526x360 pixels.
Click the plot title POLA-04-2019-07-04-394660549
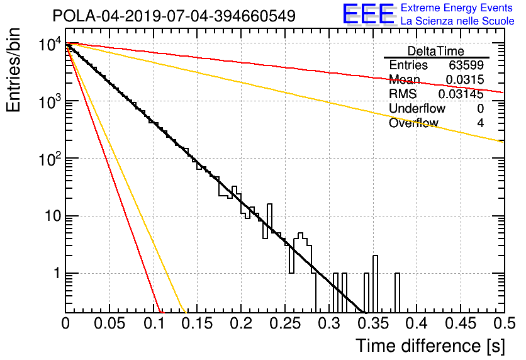[174, 16]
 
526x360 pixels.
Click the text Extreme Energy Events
[457, 8]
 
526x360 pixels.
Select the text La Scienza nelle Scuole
[457, 21]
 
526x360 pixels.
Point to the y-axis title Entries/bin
[13, 70]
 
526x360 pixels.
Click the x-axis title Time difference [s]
[430, 346]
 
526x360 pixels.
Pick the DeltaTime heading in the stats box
[436, 51]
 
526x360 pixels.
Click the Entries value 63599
[466, 65]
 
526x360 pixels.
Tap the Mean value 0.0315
[465, 79]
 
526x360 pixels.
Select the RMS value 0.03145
[461, 94]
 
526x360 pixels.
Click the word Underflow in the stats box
[417, 108]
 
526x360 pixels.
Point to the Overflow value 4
[480, 123]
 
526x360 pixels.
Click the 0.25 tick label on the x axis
[285, 323]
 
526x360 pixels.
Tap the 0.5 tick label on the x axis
[503, 323]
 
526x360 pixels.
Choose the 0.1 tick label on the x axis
[154, 323]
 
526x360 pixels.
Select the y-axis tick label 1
[57, 273]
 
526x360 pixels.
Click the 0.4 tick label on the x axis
[417, 323]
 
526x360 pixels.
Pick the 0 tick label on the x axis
[65, 323]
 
